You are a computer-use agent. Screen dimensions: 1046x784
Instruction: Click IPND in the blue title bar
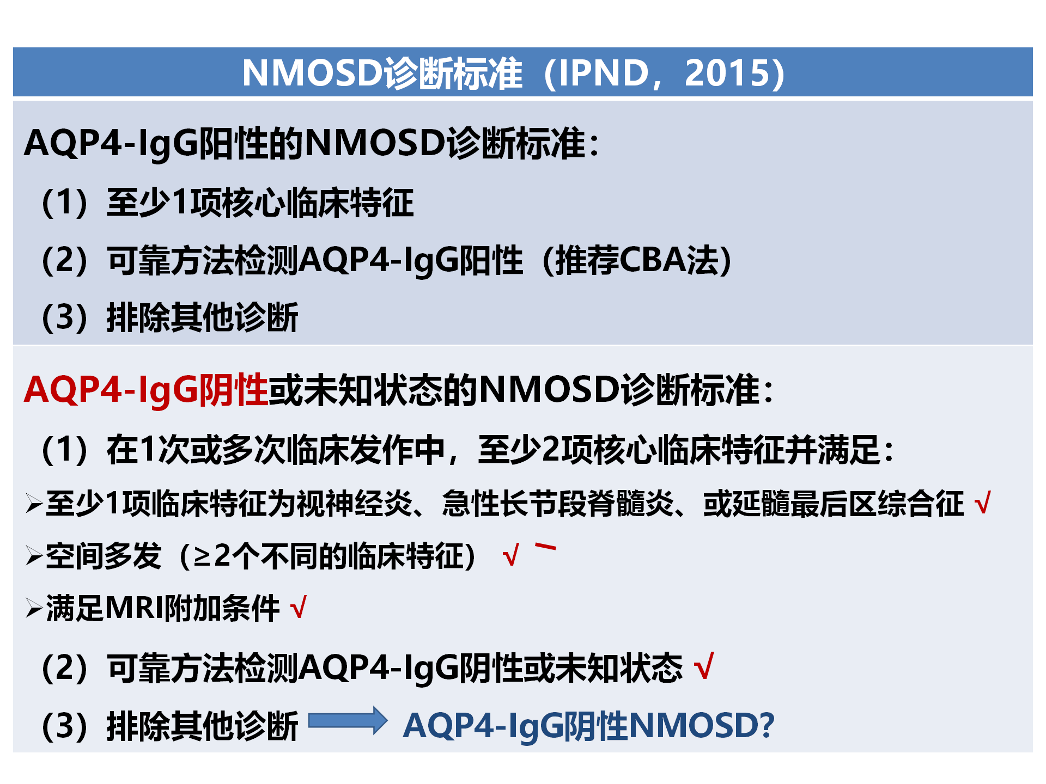pyautogui.click(x=604, y=73)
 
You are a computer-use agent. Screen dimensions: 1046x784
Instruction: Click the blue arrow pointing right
pyautogui.click(x=348, y=721)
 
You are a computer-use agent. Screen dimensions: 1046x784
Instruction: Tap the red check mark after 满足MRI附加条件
pyautogui.click(x=299, y=608)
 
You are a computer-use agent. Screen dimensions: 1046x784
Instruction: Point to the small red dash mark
pyautogui.click(x=545, y=547)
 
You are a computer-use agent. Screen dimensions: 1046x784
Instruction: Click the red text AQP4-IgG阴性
pyautogui.click(x=146, y=390)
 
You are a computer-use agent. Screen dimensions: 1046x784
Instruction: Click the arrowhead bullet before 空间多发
pyautogui.click(x=34, y=556)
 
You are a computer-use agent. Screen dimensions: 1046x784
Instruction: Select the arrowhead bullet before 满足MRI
pyautogui.click(x=34, y=608)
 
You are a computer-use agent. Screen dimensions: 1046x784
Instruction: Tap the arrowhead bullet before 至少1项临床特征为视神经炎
pyautogui.click(x=34, y=504)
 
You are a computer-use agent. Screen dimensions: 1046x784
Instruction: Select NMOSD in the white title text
pyautogui.click(x=313, y=73)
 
